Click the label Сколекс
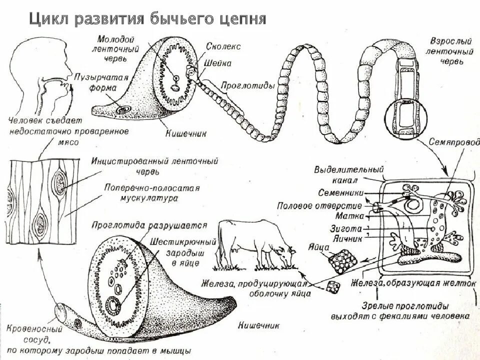(x=223, y=46)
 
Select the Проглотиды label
(x=253, y=85)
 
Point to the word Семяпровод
(x=450, y=141)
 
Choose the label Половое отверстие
(x=320, y=206)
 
